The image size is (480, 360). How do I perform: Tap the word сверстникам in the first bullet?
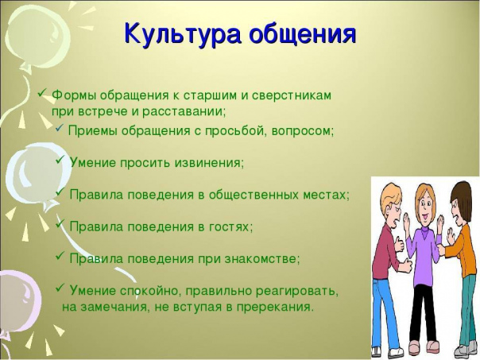[292, 95]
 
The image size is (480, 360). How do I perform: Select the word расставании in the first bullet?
[184, 111]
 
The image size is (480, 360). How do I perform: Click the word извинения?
[209, 163]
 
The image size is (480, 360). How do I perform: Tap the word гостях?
[231, 226]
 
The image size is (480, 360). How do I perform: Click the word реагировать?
[297, 291]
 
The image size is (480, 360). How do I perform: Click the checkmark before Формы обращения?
[42, 92]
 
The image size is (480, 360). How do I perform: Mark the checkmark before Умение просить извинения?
[60, 159]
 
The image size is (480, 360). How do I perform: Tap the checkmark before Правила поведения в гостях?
[60, 223]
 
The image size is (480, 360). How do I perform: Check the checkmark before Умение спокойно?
[60, 288]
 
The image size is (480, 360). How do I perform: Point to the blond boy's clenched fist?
[406, 265]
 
